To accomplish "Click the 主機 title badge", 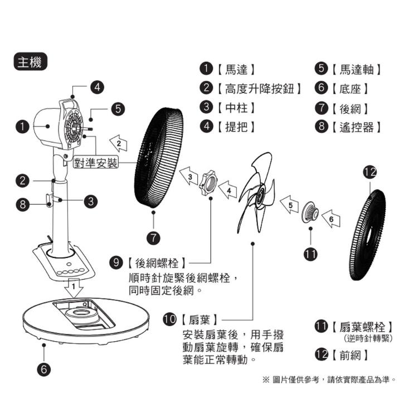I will pos(31,62).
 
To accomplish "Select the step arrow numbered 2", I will pos(118,143).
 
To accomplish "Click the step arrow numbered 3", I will pos(190,177).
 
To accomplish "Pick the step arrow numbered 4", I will pos(229,191).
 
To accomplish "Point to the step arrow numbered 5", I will pos(289,205).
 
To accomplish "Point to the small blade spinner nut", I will pos(310,213).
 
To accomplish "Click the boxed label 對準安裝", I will pos(96,163).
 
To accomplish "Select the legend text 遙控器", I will pos(357,127).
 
